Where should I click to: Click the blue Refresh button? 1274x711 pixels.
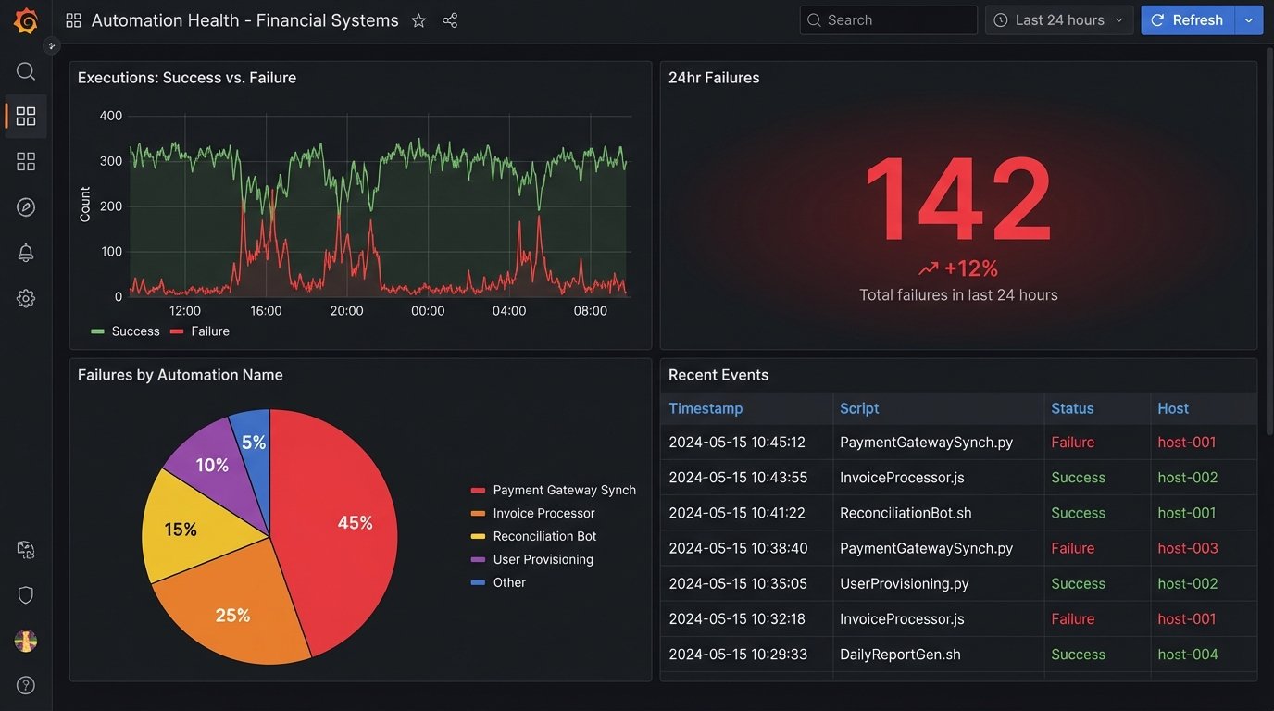(x=1188, y=20)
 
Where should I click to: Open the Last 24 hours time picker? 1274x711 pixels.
(x=1059, y=20)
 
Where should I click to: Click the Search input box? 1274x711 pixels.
(x=889, y=20)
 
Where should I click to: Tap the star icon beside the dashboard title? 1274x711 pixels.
(x=418, y=20)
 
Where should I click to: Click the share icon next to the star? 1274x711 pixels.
(x=450, y=20)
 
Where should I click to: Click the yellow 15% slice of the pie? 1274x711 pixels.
(x=181, y=530)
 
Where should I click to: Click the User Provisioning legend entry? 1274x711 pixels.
(x=543, y=559)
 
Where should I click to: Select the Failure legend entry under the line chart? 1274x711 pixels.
(x=209, y=331)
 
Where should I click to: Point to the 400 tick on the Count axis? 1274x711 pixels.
(x=111, y=116)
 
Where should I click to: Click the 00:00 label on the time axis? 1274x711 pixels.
(x=428, y=311)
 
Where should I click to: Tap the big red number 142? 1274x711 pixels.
(x=957, y=200)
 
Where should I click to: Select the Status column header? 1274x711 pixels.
(x=1072, y=408)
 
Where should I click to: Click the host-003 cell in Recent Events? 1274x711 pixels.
(x=1187, y=548)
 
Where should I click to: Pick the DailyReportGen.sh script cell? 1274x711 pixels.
(x=900, y=655)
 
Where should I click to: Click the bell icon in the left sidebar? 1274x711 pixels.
(x=26, y=253)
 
